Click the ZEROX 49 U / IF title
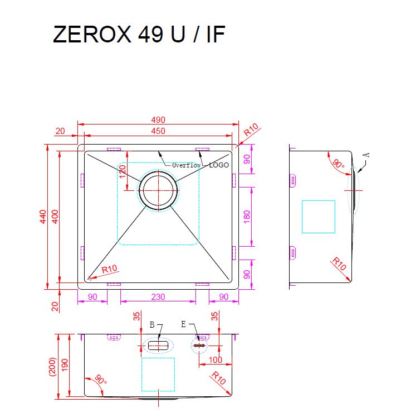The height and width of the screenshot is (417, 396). pos(139,34)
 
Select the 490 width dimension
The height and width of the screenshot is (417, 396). pos(158,119)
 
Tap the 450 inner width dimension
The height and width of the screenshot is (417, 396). pos(158,131)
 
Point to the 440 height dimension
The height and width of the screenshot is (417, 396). pos(43,217)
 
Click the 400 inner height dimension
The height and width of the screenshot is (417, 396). pos(55,217)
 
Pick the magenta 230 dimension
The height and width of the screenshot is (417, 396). pos(158,297)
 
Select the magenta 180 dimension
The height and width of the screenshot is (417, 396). pos(247,217)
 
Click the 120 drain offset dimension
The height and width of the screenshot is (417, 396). pos(123,171)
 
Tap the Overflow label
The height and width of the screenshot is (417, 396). pos(187,165)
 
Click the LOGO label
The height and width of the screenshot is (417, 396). pos(219,165)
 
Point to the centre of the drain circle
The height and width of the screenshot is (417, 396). pos(158,190)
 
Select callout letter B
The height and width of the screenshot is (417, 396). pos(152,324)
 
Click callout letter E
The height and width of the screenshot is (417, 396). pos(183,324)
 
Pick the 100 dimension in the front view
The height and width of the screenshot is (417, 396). pos(215,360)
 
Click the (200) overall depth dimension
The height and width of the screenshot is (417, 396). pos(52,366)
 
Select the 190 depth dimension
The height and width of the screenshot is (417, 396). pos(65,365)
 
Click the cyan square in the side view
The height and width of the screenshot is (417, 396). pos(319,217)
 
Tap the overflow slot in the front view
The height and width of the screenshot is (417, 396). pos(158,346)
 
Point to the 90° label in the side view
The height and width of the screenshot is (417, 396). pos(339,164)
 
